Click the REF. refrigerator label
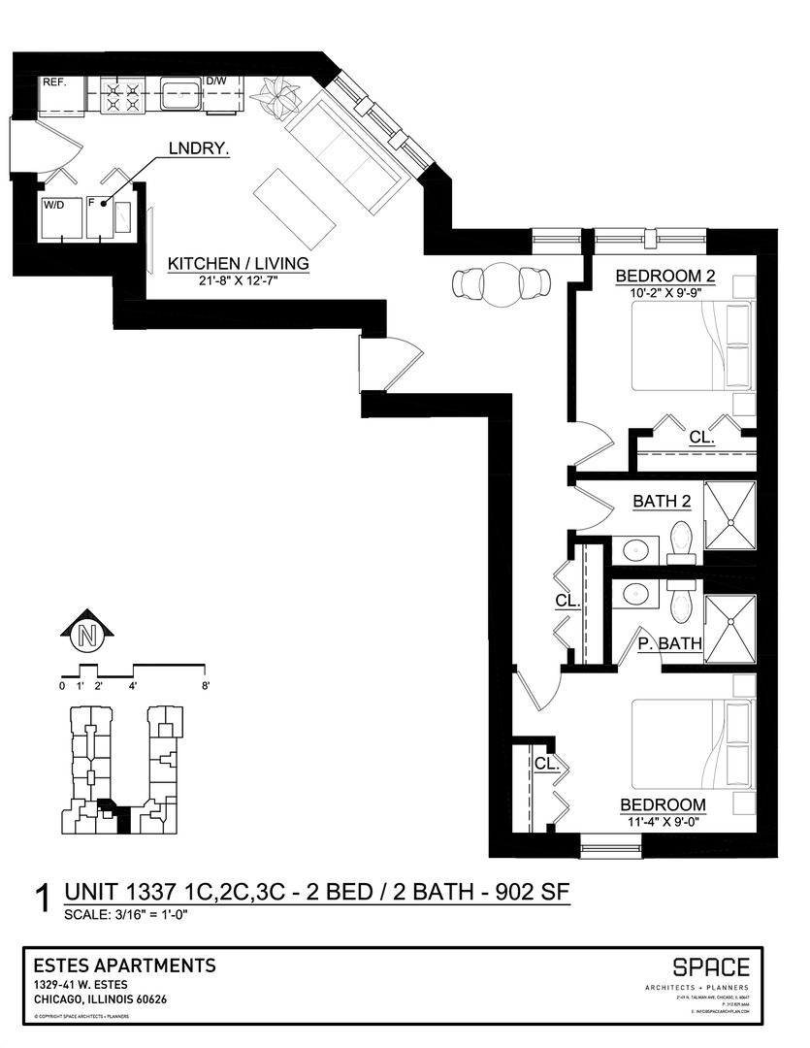pyautogui.click(x=52, y=83)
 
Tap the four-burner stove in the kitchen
pyautogui.click(x=121, y=95)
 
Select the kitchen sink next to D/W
pyautogui.click(x=180, y=95)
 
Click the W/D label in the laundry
pyautogui.click(x=52, y=205)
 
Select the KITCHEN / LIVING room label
pyautogui.click(x=238, y=264)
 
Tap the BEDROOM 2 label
pyautogui.click(x=665, y=277)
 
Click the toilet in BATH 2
pyautogui.click(x=681, y=540)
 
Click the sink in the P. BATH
pyautogui.click(x=635, y=594)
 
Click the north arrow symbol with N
pyautogui.click(x=87, y=636)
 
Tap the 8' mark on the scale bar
pyautogui.click(x=206, y=686)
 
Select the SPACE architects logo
pyautogui.click(x=711, y=967)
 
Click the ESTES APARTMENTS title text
pyautogui.click(x=124, y=966)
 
